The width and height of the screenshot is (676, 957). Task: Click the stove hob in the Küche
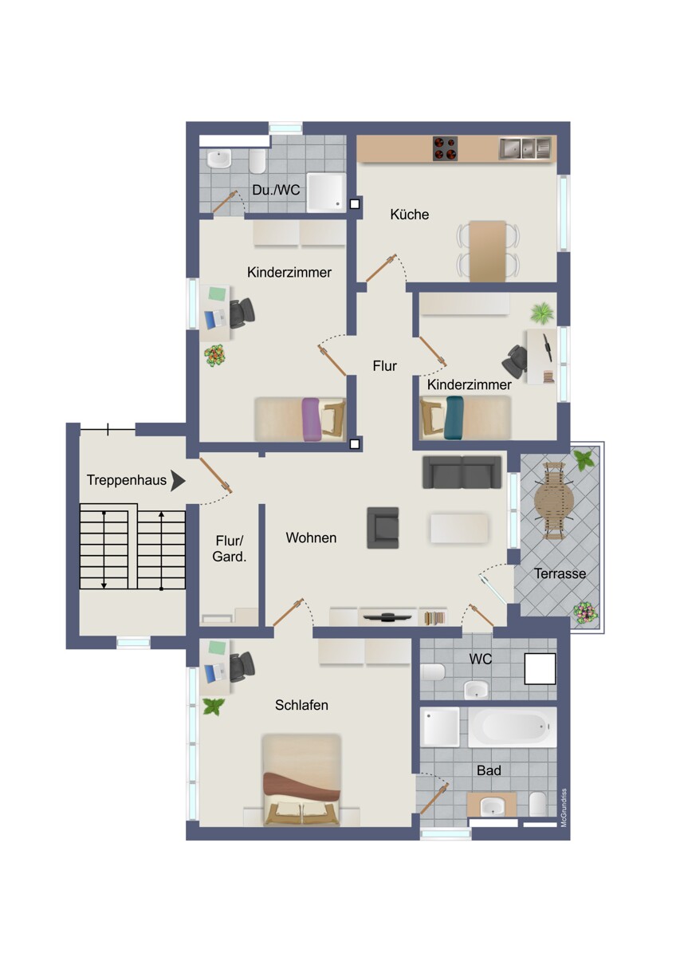(x=445, y=148)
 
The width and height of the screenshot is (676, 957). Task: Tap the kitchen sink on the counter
(x=525, y=148)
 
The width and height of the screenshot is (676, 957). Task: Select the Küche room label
(x=409, y=214)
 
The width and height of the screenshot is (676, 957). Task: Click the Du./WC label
(x=276, y=190)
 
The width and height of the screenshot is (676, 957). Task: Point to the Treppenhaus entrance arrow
(x=178, y=481)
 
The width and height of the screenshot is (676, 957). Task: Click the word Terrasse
(x=560, y=573)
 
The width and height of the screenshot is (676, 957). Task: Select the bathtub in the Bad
(x=512, y=727)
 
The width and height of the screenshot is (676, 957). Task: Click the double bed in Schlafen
(x=301, y=780)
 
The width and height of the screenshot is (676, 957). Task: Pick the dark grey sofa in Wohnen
(x=462, y=472)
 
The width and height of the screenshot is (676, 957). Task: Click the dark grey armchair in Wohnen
(x=383, y=528)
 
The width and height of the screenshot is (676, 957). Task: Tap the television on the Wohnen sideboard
(x=387, y=616)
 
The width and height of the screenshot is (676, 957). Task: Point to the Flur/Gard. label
(x=230, y=549)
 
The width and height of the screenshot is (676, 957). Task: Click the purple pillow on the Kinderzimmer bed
(x=311, y=419)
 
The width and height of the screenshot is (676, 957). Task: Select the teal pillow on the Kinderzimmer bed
(x=454, y=417)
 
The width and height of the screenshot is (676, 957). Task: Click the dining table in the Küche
(x=487, y=251)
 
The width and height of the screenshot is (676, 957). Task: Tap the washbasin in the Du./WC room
(x=219, y=159)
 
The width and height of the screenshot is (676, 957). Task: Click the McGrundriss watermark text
(x=564, y=808)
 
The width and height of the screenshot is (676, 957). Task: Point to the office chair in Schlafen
(x=242, y=667)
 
